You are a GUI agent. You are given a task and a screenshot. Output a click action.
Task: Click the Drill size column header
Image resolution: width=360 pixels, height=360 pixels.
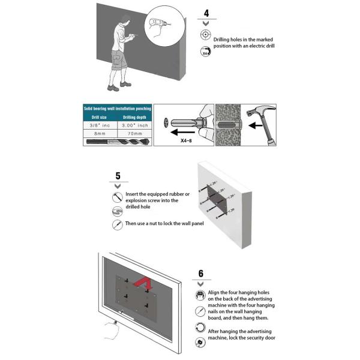pyautogui.click(x=97, y=118)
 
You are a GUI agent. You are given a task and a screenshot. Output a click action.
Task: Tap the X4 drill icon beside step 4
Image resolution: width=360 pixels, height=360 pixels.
pyautogui.click(x=205, y=52)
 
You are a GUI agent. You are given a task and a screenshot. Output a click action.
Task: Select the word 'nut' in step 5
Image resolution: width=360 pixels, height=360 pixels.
pyautogui.click(x=150, y=223)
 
